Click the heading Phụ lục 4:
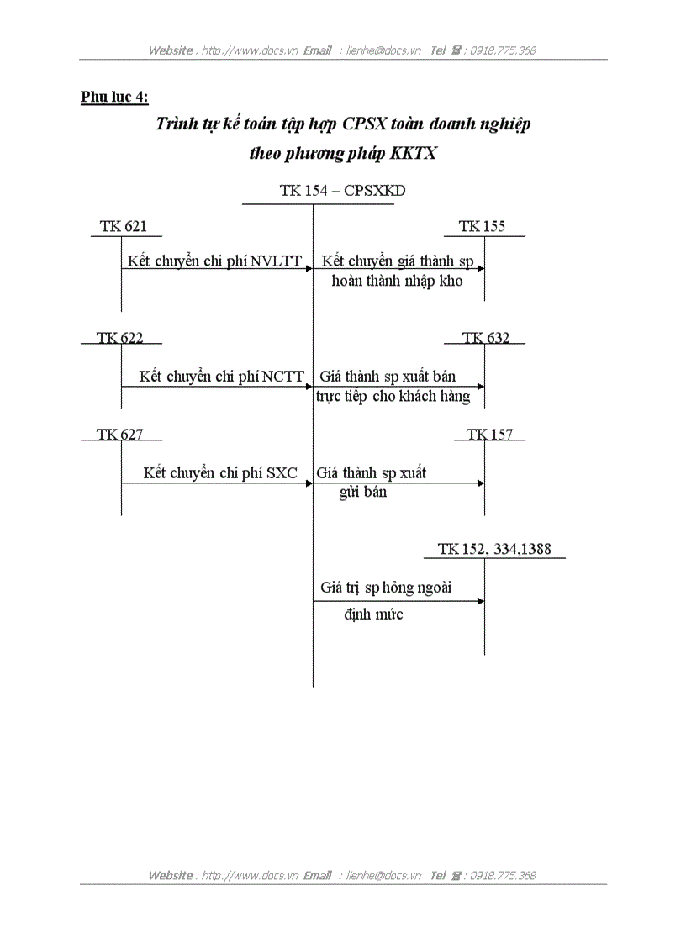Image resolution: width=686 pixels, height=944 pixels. (x=114, y=98)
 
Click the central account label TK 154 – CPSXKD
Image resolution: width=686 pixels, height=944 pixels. (x=342, y=191)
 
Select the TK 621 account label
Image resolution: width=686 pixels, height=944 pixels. (x=119, y=226)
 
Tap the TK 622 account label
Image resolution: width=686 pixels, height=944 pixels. (x=119, y=338)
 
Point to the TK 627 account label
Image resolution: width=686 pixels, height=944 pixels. (x=119, y=435)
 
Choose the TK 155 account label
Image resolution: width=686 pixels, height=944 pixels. (x=482, y=226)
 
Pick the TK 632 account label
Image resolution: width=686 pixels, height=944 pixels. (x=485, y=338)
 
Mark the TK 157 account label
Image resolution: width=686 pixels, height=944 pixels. (x=489, y=435)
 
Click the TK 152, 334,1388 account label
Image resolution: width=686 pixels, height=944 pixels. (x=494, y=549)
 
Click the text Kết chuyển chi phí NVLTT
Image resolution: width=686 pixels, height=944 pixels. (x=214, y=261)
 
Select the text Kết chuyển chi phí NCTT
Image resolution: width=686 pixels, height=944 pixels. (x=222, y=377)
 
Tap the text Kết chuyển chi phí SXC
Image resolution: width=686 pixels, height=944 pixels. (x=220, y=473)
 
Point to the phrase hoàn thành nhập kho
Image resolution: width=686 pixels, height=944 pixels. (x=397, y=282)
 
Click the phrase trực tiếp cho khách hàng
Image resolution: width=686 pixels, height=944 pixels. (x=393, y=396)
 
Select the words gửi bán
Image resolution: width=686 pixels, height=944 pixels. (x=363, y=493)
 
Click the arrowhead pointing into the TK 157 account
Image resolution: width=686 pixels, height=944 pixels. (x=481, y=483)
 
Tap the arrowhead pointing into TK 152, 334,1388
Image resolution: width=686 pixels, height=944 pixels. (x=481, y=601)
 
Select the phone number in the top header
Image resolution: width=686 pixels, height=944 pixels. (x=503, y=50)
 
